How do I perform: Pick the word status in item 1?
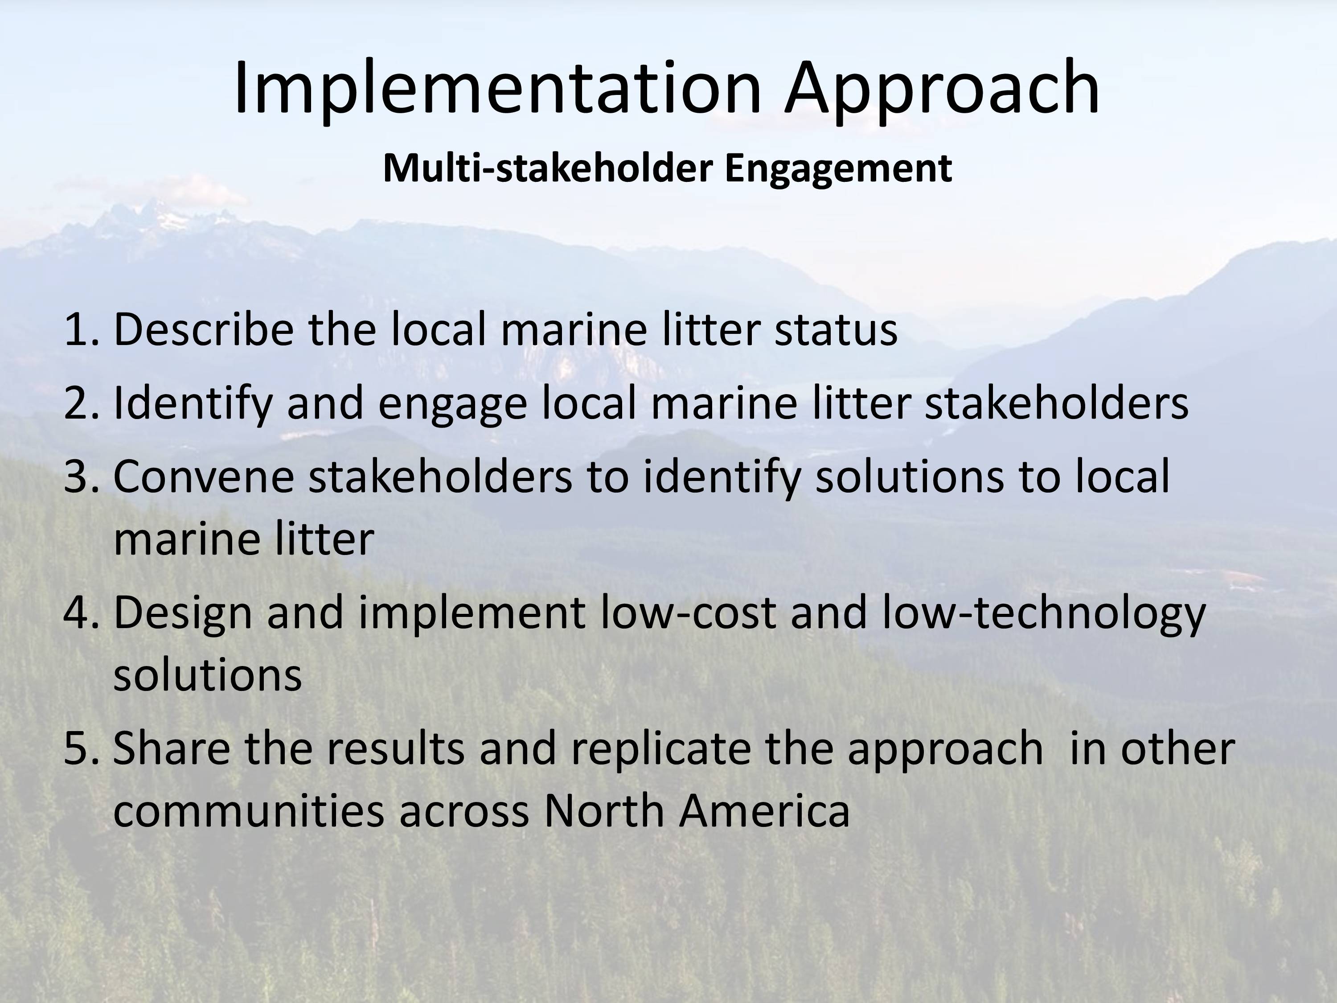tap(836, 330)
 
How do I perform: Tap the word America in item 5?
tap(765, 811)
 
